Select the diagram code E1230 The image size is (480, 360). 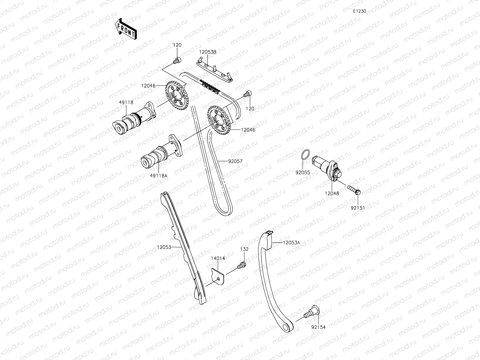click(x=360, y=11)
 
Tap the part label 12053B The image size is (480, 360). click(x=208, y=52)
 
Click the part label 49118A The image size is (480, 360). click(x=159, y=175)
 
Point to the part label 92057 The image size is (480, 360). click(x=235, y=161)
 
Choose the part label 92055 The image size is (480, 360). click(x=303, y=173)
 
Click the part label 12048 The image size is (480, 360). click(x=332, y=193)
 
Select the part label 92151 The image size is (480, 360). click(x=358, y=208)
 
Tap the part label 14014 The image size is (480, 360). click(x=218, y=258)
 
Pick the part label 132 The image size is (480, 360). click(x=244, y=249)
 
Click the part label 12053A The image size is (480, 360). click(x=291, y=243)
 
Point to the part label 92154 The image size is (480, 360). click(x=318, y=327)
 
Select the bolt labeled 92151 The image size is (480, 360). click(x=354, y=190)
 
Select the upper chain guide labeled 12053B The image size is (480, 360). click(x=215, y=70)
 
